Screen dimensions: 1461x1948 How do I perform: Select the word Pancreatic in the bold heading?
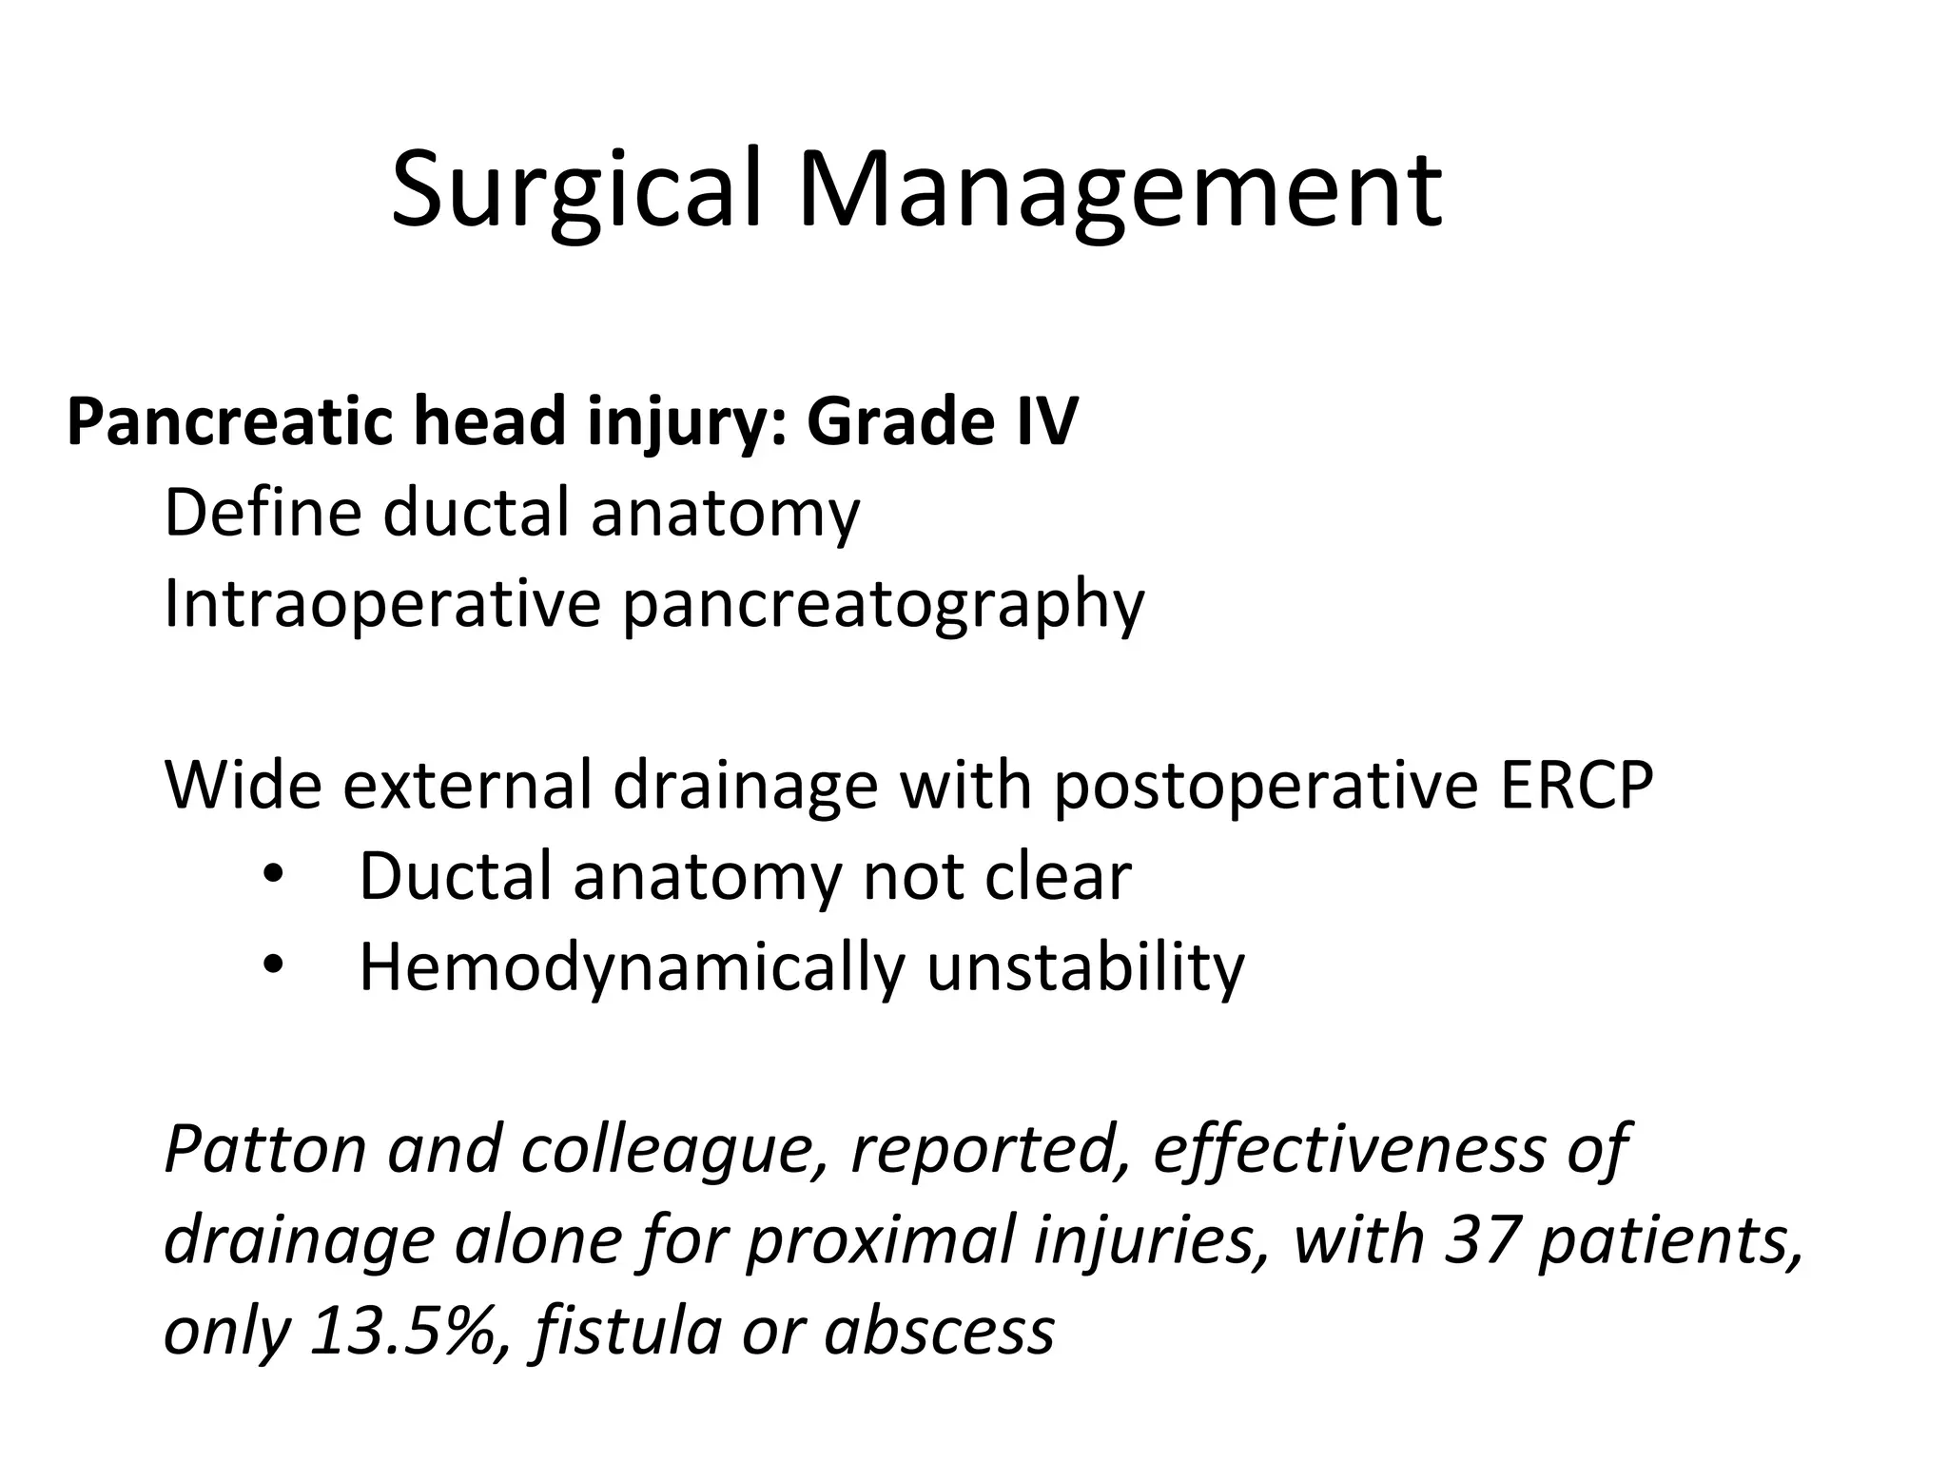click(228, 421)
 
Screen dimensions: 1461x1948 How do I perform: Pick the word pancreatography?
click(884, 606)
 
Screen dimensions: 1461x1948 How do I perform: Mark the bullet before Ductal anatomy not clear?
click(273, 876)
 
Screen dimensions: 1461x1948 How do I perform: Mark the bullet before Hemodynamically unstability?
click(273, 966)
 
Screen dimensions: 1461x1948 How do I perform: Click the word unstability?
click(1084, 968)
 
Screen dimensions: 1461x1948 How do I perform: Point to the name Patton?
click(265, 1149)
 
